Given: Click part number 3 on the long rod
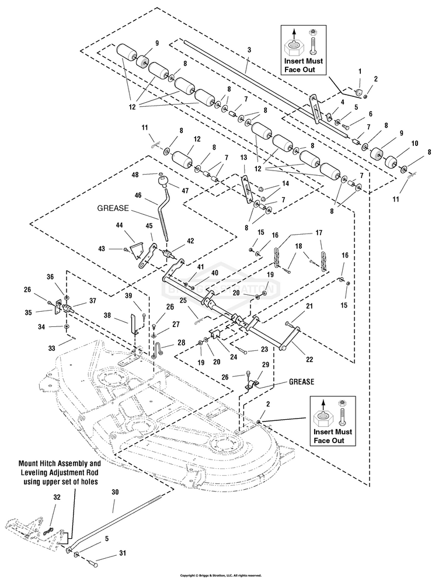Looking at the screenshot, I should point(249,51).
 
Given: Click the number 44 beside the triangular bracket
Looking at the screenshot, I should point(120,225).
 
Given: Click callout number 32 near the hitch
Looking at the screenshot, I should point(57,497).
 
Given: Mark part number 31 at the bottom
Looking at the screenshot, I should point(122,553).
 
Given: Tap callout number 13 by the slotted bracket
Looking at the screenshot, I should point(243,158).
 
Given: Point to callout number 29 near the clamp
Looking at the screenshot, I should point(266,364).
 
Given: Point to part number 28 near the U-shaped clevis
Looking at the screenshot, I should point(182,343).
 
